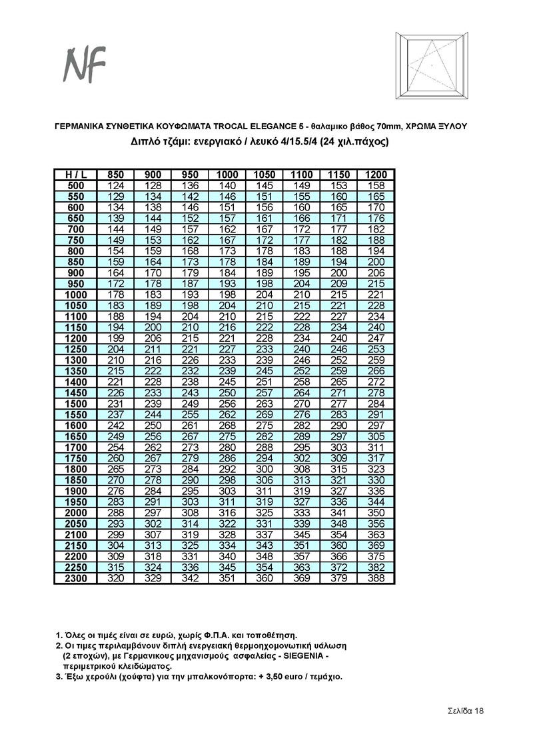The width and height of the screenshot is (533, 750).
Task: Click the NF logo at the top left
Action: coord(84,67)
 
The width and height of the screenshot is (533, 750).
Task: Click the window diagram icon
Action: coord(432,66)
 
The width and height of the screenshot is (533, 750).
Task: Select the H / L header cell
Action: coord(75,175)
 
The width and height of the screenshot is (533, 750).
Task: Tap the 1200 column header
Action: coord(376,175)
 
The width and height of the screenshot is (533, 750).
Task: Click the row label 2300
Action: coord(75,578)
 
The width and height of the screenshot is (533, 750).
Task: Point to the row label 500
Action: coord(75,185)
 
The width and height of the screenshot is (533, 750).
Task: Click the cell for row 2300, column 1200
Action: coord(376,578)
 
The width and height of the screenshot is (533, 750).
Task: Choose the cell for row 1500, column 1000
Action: coord(227,403)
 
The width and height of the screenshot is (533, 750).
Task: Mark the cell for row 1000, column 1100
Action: coord(302,294)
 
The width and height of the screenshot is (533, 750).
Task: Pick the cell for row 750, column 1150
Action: coord(339,240)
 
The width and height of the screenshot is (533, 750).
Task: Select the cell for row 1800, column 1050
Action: coord(265,469)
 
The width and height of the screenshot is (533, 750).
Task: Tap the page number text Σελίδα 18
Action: coord(465,711)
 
